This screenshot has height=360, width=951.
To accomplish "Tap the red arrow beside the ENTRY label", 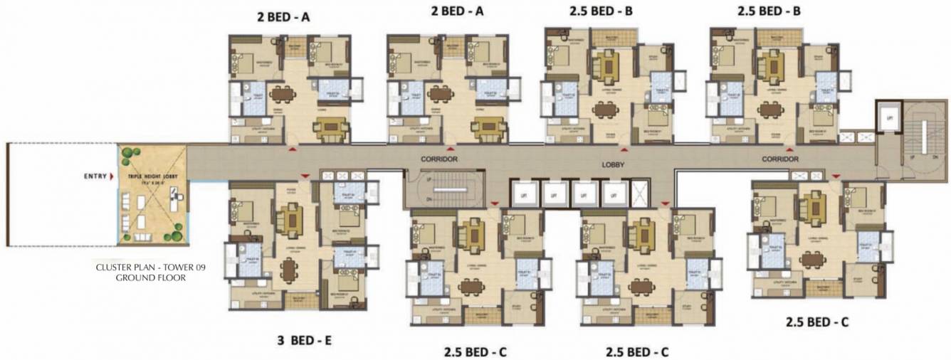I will pyautogui.click(x=111, y=176).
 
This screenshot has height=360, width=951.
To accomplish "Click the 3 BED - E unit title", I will pyautogui.click(x=305, y=341).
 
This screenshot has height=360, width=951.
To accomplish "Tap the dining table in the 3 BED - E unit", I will pyautogui.click(x=288, y=269).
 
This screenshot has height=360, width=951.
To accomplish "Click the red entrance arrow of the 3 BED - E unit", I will pyautogui.click(x=305, y=174).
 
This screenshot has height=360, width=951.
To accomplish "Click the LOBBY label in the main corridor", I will pyautogui.click(x=613, y=163).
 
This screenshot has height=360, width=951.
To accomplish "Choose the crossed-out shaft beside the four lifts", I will pyautogui.click(x=641, y=193).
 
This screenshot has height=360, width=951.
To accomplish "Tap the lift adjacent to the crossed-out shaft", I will pyautogui.click(x=611, y=193).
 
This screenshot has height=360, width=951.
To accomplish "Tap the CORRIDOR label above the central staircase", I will pyautogui.click(x=439, y=159).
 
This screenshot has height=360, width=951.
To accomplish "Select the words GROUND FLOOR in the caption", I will pyautogui.click(x=150, y=278).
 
